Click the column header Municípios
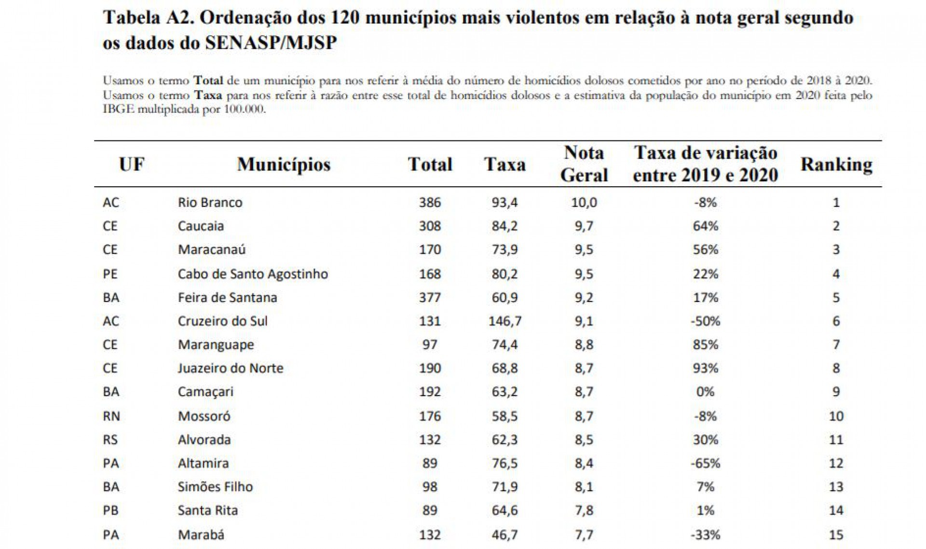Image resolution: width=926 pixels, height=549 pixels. (284, 165)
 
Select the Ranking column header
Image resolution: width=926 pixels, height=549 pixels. (836, 165)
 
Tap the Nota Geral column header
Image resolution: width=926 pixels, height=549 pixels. (584, 164)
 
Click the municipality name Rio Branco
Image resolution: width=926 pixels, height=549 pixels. (210, 202)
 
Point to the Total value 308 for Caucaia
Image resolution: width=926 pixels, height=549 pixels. (430, 226)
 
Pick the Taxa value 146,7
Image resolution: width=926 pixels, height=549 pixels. (504, 321)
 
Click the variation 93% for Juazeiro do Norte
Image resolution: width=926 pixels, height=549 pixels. (705, 368)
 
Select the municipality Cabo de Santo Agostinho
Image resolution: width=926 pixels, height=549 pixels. (253, 274)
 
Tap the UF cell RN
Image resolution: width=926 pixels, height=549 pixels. (111, 416)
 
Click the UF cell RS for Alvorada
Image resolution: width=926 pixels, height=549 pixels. (110, 439)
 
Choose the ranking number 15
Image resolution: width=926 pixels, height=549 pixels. (836, 535)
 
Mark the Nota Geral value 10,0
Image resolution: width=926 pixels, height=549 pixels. (584, 202)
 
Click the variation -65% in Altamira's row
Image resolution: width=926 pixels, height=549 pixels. (705, 463)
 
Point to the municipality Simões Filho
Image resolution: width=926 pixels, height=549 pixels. (215, 487)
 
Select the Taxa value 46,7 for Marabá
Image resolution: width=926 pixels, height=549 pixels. (504, 535)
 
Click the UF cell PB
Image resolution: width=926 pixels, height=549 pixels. (110, 510)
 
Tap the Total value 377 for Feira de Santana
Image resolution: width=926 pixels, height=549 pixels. (430, 297)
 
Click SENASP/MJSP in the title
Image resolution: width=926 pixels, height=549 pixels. (271, 43)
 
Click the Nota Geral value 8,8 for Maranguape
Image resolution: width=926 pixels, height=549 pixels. (584, 344)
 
